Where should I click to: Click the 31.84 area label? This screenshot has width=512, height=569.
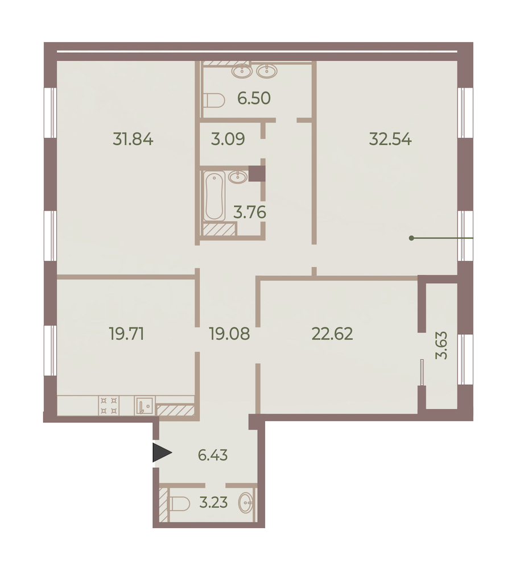(x=133, y=139)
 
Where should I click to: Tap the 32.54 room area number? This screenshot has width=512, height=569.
(x=390, y=139)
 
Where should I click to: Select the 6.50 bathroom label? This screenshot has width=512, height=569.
(x=254, y=98)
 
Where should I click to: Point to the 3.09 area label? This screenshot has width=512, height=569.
(x=228, y=139)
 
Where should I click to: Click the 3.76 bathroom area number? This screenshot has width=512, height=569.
(x=250, y=212)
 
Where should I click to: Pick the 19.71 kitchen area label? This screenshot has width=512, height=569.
(x=127, y=334)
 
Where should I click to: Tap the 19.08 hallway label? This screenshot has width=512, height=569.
(x=229, y=334)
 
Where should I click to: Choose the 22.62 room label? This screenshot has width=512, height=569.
(x=332, y=334)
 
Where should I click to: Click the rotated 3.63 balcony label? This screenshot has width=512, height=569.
(x=441, y=344)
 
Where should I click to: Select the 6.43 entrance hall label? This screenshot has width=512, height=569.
(x=213, y=455)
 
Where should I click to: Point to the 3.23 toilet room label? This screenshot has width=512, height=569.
(x=214, y=502)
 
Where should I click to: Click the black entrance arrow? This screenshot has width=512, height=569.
(x=162, y=452)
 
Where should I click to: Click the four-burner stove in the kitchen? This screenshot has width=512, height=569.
(x=109, y=406)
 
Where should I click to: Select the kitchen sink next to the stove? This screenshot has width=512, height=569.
(x=144, y=406)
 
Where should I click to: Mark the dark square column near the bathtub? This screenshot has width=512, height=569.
(x=258, y=173)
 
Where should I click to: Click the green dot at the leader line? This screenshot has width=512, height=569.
(x=411, y=238)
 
